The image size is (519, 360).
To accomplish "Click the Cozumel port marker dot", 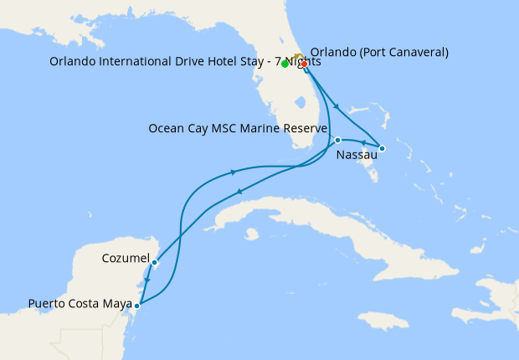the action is [x=155, y=262].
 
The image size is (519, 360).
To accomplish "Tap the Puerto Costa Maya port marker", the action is [x=137, y=306].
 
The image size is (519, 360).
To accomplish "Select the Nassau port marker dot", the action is [x=382, y=149].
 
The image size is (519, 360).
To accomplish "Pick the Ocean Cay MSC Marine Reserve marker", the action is [x=337, y=140].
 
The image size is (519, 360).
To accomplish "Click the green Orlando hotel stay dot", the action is [x=285, y=64].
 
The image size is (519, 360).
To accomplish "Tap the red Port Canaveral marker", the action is [x=304, y=64].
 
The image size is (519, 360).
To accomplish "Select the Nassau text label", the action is [x=356, y=156].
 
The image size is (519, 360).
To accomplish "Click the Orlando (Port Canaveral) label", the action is [x=379, y=52].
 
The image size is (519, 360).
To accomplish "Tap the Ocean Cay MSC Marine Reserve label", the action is [x=237, y=128].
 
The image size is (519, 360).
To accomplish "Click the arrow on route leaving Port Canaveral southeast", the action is [x=337, y=106].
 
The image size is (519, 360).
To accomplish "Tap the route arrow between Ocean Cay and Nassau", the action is [x=362, y=143].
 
